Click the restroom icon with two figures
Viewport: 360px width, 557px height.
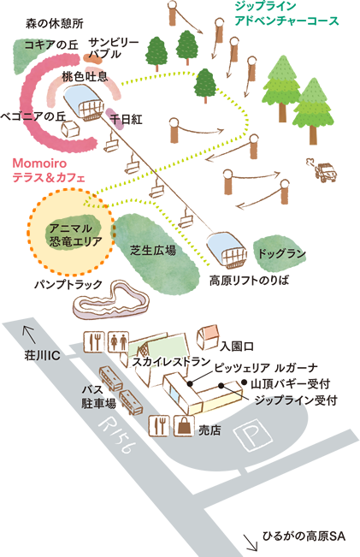118,342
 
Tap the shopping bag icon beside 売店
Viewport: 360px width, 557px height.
184,425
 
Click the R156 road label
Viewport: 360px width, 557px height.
115,436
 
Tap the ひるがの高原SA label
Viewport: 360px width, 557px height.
304,536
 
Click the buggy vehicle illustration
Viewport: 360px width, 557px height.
323,170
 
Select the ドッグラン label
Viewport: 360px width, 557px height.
281,254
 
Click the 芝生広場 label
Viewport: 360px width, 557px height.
153,250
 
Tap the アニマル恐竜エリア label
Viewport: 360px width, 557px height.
75,235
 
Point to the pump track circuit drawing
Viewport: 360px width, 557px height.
110,300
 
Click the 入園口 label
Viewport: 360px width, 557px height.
237,346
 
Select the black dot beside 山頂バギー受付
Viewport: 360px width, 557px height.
244,382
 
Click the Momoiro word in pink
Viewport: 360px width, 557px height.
39,163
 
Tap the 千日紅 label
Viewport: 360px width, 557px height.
126,120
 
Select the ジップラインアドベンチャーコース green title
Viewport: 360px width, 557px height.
286,13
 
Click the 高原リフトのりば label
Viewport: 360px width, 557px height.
249,281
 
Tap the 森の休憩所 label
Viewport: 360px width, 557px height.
55,24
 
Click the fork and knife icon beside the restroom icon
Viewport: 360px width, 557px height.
94,342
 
